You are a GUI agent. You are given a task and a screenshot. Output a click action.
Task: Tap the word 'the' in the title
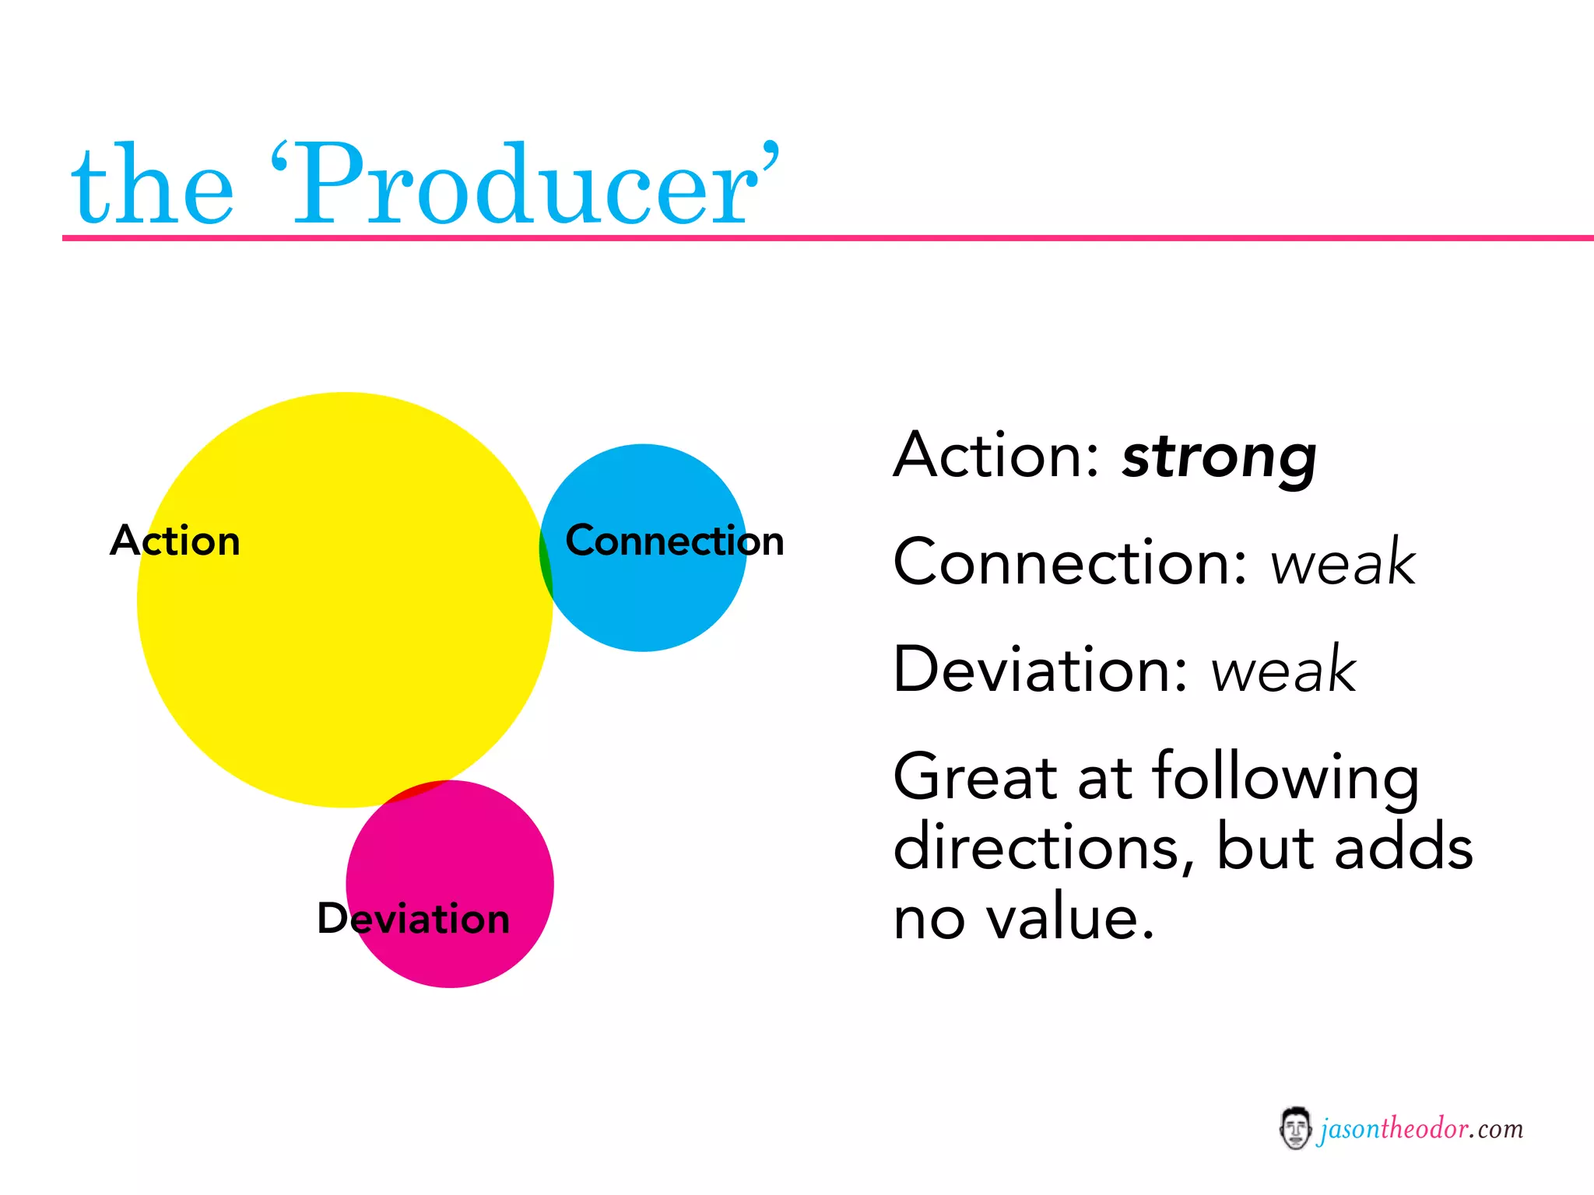(153, 187)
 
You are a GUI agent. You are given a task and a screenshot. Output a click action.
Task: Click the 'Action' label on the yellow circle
(175, 541)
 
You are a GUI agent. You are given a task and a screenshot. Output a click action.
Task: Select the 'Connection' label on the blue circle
(674, 541)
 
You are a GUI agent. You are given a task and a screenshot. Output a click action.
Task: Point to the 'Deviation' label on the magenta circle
(413, 919)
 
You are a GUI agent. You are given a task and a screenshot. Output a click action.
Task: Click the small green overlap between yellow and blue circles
(546, 562)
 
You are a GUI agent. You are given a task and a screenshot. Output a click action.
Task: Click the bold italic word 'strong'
(1219, 457)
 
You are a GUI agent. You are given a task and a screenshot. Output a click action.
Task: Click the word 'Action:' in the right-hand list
(997, 456)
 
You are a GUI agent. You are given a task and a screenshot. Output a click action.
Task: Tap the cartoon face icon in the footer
(1295, 1128)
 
